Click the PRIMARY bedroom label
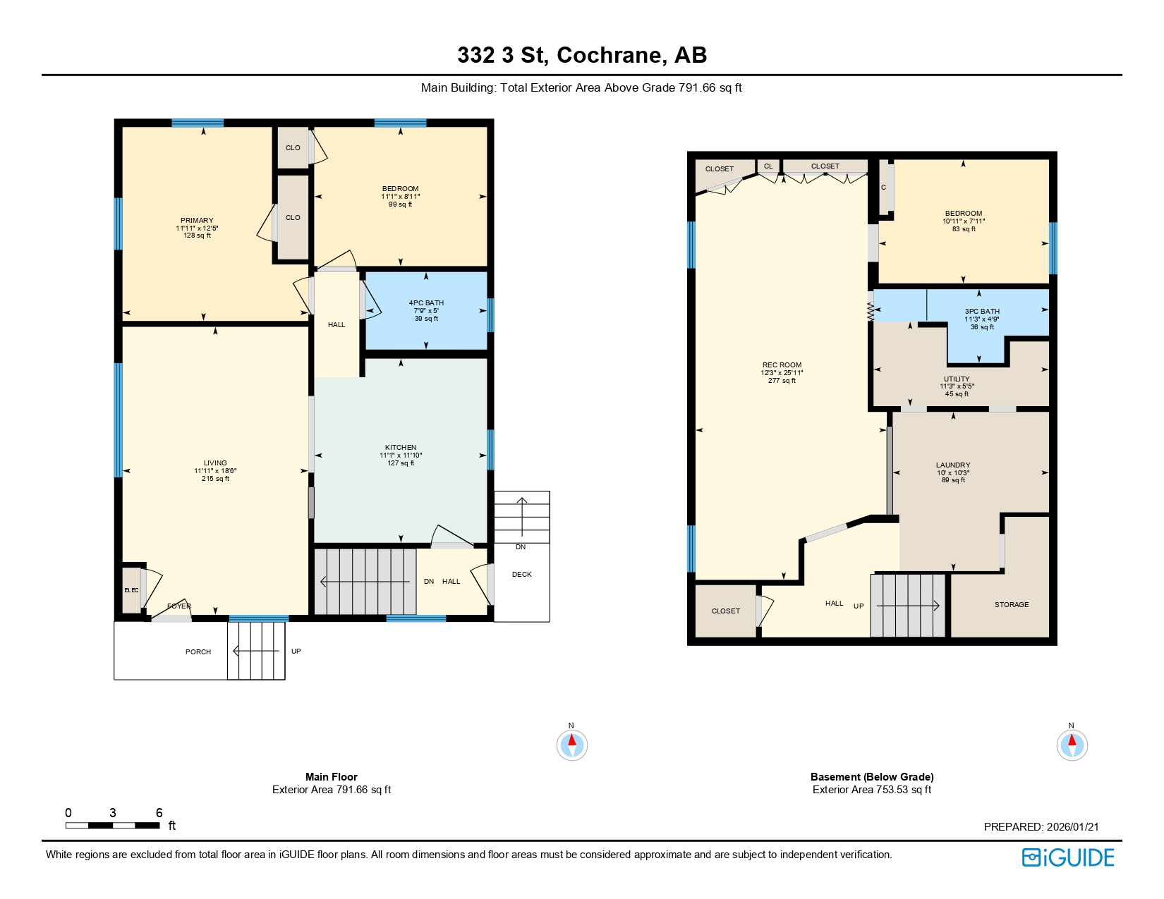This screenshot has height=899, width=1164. tap(197, 221)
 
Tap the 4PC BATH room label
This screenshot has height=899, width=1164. tap(426, 303)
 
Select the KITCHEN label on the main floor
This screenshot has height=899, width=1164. tap(401, 448)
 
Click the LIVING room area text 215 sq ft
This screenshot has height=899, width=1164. tap(215, 479)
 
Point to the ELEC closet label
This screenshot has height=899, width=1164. tap(131, 590)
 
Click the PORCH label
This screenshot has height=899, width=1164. tap(198, 652)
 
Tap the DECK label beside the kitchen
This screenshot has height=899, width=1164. tap(522, 575)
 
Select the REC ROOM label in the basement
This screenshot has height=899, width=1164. tap(782, 365)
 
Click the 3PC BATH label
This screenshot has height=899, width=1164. tap(982, 312)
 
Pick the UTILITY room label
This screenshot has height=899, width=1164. tap(957, 379)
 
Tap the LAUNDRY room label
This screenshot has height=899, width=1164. tap(953, 465)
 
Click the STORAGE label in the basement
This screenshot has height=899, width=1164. tap(1012, 605)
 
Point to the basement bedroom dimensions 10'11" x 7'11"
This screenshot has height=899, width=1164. tap(964, 221)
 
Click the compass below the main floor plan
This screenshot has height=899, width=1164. tap(571, 745)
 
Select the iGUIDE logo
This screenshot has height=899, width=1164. tap(1068, 857)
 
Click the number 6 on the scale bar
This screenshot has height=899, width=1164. tap(159, 813)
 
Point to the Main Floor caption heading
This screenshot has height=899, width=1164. tap(331, 777)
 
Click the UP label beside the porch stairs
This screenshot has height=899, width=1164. tap(296, 652)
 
